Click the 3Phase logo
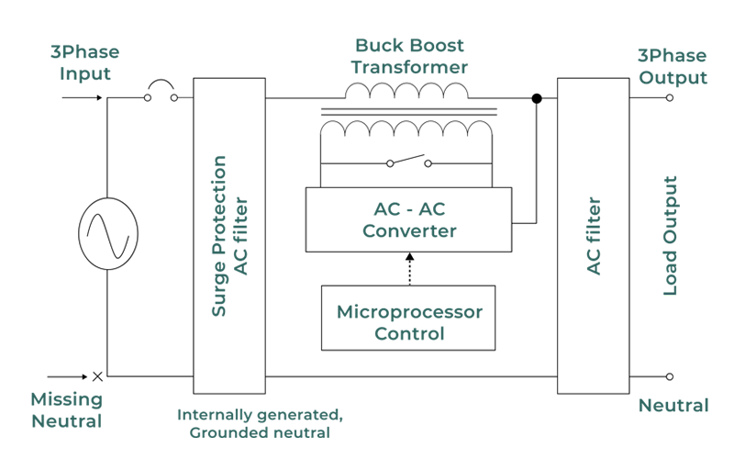[x=673, y=55]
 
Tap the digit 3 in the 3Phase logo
[x=644, y=56]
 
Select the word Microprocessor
[x=408, y=307]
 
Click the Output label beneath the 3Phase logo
[x=673, y=81]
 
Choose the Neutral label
[x=673, y=402]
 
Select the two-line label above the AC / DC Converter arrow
[x=408, y=57]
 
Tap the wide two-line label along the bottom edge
[x=261, y=415]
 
